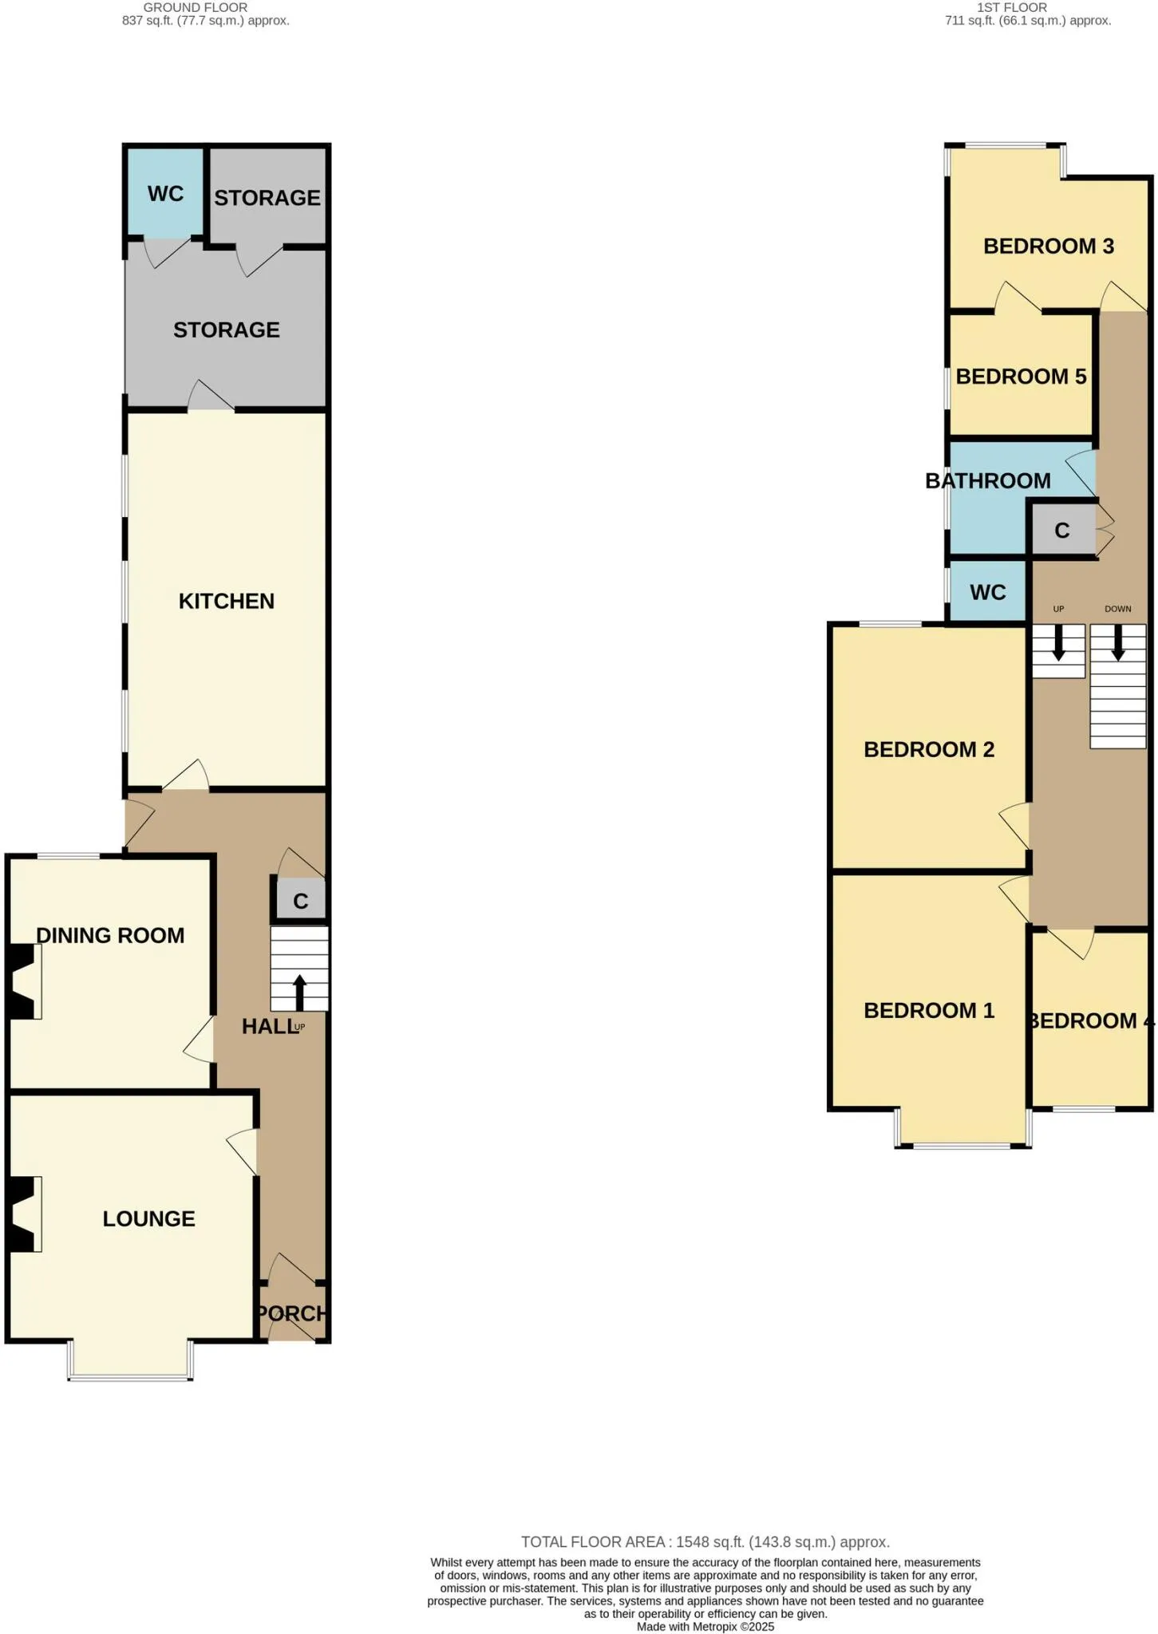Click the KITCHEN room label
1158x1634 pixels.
(x=226, y=601)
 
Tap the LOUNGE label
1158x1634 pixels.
(x=148, y=1218)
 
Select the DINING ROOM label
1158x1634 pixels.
(x=110, y=935)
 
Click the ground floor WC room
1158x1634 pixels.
(x=166, y=193)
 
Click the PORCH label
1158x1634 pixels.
(x=291, y=1313)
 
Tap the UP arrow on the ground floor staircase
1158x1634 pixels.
(x=300, y=993)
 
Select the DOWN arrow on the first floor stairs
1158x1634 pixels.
(x=1118, y=642)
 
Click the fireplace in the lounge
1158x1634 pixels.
(x=23, y=1214)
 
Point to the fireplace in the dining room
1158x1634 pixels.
(x=23, y=982)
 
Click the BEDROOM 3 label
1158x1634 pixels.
(x=1048, y=246)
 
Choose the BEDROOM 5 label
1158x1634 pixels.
(x=1021, y=376)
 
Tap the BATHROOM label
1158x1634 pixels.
(x=987, y=480)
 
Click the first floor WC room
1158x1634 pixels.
(x=987, y=591)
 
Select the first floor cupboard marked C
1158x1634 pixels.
(x=1062, y=531)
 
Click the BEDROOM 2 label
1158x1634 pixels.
(x=929, y=749)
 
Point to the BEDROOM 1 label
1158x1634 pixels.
(x=929, y=1010)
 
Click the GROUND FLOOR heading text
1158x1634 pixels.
(x=196, y=7)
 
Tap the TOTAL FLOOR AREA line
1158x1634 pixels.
(x=705, y=1542)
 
